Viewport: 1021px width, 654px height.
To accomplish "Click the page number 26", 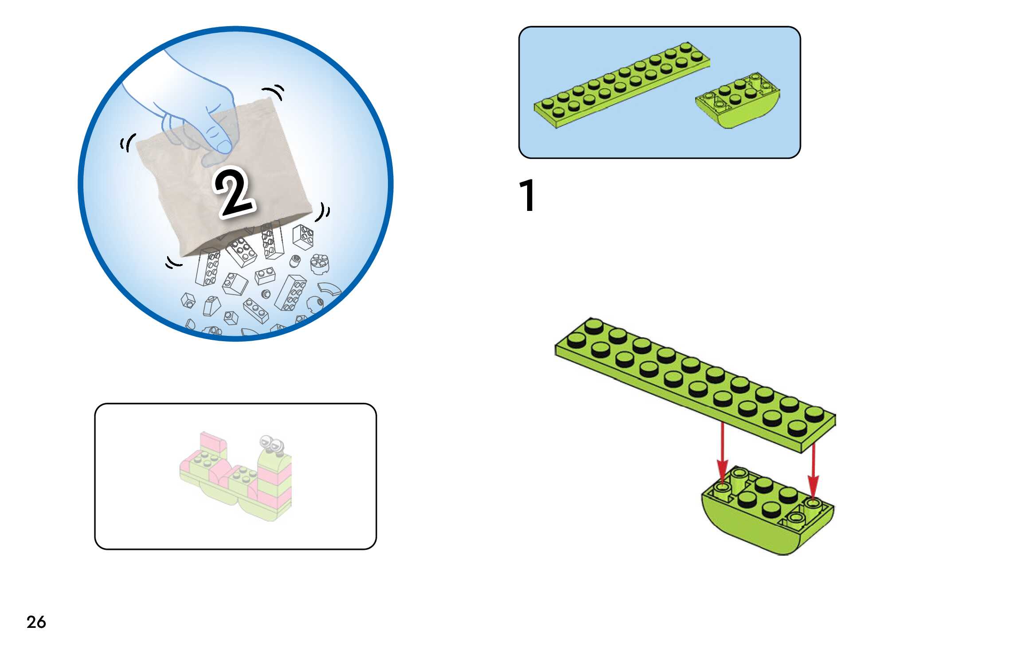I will click(36, 622).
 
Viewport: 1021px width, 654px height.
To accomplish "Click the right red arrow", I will click(813, 472).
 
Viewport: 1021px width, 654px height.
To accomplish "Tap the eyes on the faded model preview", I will click(272, 443).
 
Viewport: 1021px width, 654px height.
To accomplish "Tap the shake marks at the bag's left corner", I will click(128, 143).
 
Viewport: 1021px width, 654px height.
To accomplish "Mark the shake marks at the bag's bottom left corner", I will click(173, 263).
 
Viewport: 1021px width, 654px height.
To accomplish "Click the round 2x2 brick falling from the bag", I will click(320, 264).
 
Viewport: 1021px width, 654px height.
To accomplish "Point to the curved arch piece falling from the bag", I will click(330, 289).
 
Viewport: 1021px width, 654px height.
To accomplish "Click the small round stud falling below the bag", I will click(266, 294).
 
